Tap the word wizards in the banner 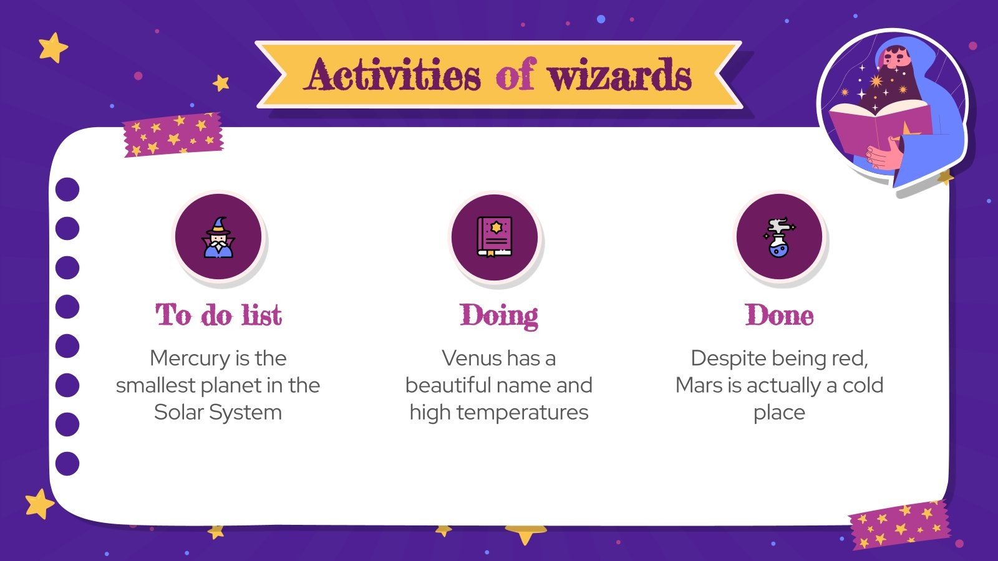tap(620, 75)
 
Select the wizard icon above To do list tap(218, 237)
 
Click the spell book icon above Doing tap(495, 237)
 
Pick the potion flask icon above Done tap(779, 237)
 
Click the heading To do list tap(218, 315)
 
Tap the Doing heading tap(499, 315)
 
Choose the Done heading tap(779, 315)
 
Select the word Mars tap(699, 385)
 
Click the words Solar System tap(218, 413)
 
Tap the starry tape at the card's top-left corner tap(173, 135)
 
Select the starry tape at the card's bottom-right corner tap(899, 524)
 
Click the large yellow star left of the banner tap(53, 47)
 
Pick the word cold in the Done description tap(863, 385)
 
